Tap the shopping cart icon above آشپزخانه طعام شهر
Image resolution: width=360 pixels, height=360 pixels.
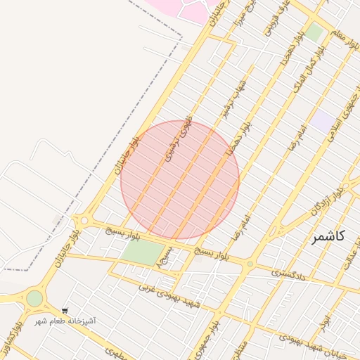[65, 311]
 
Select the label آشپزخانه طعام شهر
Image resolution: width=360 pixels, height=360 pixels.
[66, 321]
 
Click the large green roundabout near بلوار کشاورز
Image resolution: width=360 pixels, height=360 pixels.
[34, 298]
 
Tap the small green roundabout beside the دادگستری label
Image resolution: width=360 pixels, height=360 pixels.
[250, 264]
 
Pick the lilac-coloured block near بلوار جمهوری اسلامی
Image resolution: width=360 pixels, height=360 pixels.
[323, 120]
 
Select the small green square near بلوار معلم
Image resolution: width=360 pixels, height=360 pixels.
[314, 32]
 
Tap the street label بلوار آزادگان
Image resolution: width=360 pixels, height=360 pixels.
[330, 199]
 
